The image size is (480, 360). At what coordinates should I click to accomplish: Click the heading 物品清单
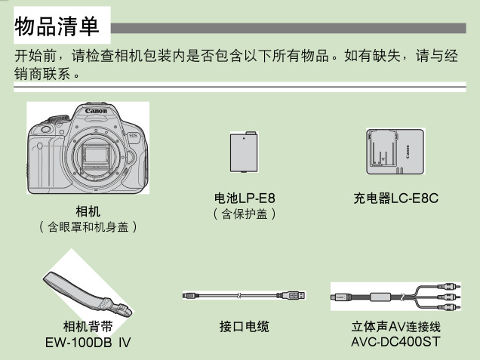point(57,26)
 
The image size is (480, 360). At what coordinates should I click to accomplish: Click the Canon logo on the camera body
point(96,111)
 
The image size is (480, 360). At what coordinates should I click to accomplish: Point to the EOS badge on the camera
point(133,135)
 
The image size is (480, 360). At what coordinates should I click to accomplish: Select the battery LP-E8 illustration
point(244,152)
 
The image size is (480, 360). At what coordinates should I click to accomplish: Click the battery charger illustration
point(395,151)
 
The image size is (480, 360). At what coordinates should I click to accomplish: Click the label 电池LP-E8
point(245,198)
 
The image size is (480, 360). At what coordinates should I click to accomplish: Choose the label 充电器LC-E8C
point(395,198)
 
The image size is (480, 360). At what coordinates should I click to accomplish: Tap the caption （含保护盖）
point(245,214)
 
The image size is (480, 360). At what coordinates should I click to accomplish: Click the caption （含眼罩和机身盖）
point(88,227)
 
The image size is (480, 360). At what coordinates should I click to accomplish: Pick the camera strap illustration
point(88,294)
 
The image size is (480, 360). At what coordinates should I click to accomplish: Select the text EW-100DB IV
point(88,342)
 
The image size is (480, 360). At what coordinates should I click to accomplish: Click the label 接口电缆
point(245,326)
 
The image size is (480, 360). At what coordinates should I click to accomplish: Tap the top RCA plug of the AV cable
point(448,287)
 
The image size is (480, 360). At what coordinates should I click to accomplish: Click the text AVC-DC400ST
point(395,342)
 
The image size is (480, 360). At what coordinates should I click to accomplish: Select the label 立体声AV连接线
point(395,326)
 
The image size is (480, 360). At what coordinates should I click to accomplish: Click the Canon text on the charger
point(408,152)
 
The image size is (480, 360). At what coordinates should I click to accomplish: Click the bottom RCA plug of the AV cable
point(448,306)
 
